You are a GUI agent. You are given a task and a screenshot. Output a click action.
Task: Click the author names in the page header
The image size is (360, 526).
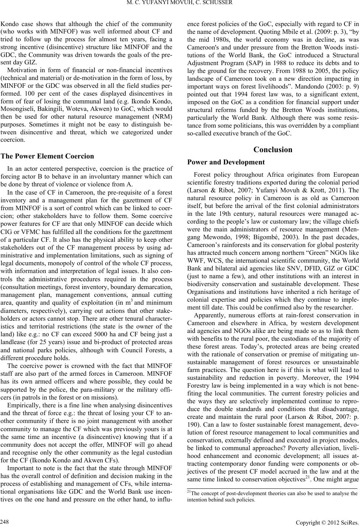coord(180,4)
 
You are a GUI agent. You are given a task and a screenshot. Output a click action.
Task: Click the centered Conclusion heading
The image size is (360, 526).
coord(273,150)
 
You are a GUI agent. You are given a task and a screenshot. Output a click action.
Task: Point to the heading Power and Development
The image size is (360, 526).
coord(226,162)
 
